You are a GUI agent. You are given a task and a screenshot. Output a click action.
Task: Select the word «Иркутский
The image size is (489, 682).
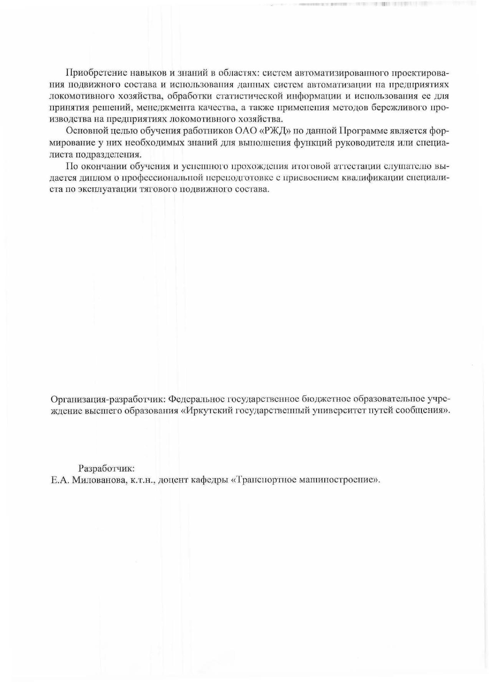(206, 410)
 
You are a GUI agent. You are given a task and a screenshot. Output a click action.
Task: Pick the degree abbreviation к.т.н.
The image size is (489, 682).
(143, 480)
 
